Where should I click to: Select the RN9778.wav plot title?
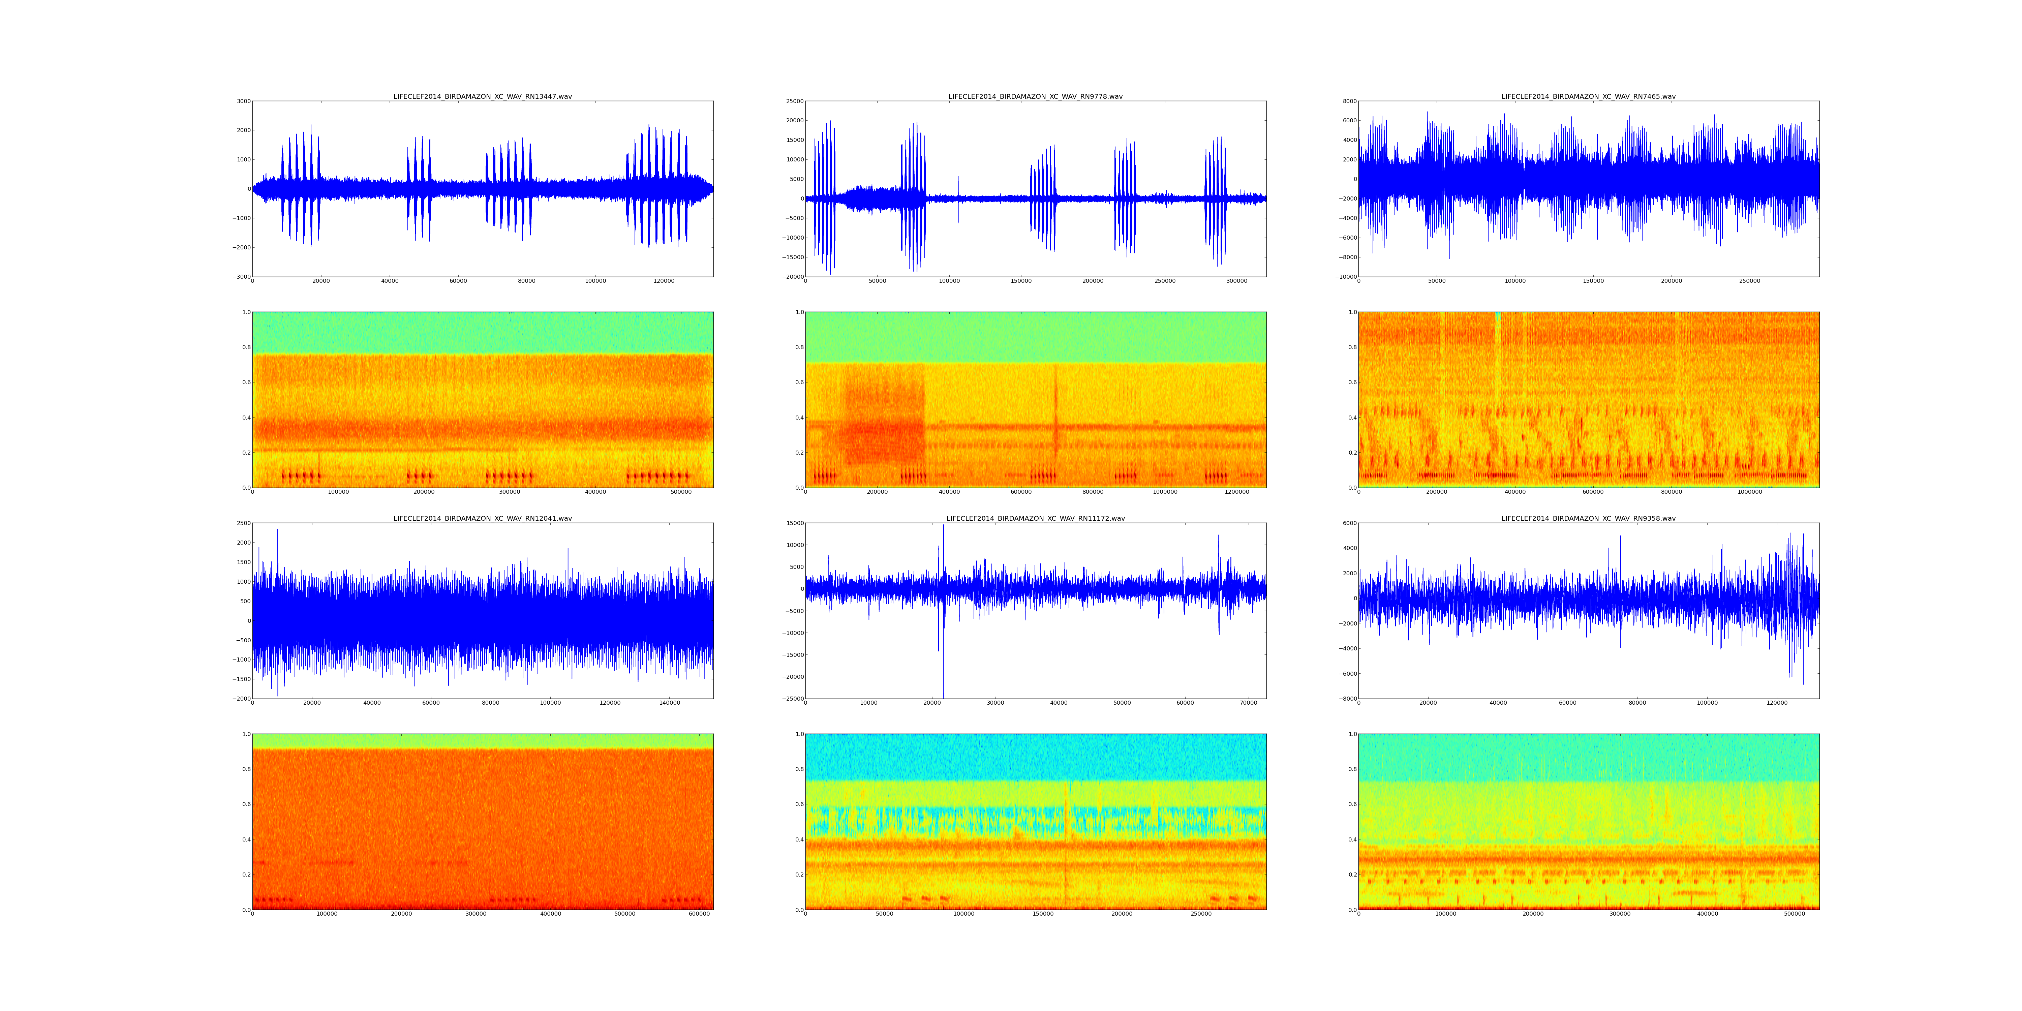click(x=1035, y=96)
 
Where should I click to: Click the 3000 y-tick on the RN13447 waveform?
click(x=243, y=101)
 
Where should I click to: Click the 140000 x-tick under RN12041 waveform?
click(x=670, y=703)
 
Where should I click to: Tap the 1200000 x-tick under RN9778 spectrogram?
click(x=1237, y=492)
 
